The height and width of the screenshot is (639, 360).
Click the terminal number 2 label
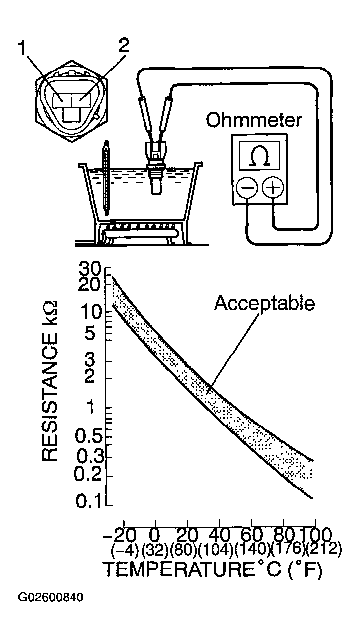(x=123, y=45)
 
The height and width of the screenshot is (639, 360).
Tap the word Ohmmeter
(x=254, y=120)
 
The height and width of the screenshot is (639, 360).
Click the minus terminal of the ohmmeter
(x=246, y=187)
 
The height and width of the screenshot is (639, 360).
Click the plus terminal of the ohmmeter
(x=273, y=187)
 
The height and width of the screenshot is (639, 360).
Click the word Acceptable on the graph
(x=265, y=303)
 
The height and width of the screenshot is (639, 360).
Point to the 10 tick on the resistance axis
(x=92, y=313)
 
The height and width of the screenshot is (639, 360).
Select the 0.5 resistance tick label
(x=88, y=437)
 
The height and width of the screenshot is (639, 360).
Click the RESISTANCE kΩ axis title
(x=50, y=380)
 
